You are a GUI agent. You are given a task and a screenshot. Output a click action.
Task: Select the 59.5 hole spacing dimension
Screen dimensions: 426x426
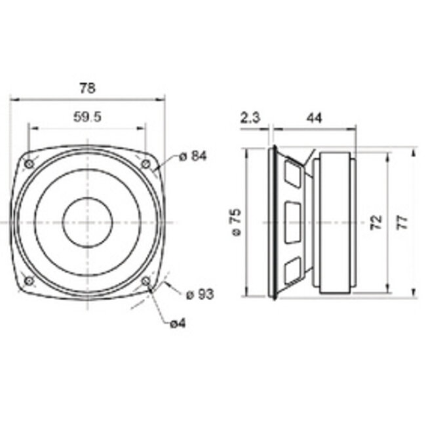click(x=87, y=117)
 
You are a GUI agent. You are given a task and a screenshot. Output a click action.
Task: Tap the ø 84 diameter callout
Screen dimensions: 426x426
click(x=192, y=156)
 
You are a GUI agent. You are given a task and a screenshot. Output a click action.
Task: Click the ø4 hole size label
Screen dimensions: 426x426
click(x=178, y=323)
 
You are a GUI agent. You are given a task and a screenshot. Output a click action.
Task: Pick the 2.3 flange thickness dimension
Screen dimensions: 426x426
click(x=250, y=118)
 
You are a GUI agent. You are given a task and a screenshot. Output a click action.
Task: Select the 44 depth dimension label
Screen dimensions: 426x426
click(x=314, y=118)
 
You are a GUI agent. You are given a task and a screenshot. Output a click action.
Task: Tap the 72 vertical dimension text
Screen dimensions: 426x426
click(x=376, y=222)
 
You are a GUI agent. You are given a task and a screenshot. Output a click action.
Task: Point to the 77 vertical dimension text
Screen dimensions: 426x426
click(x=404, y=222)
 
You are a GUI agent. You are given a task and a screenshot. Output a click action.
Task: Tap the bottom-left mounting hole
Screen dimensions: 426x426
click(x=29, y=281)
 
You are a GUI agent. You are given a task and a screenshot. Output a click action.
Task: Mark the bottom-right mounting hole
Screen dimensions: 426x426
click(x=145, y=281)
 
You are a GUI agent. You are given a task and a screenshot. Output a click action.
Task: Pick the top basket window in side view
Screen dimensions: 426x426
click(x=292, y=174)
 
